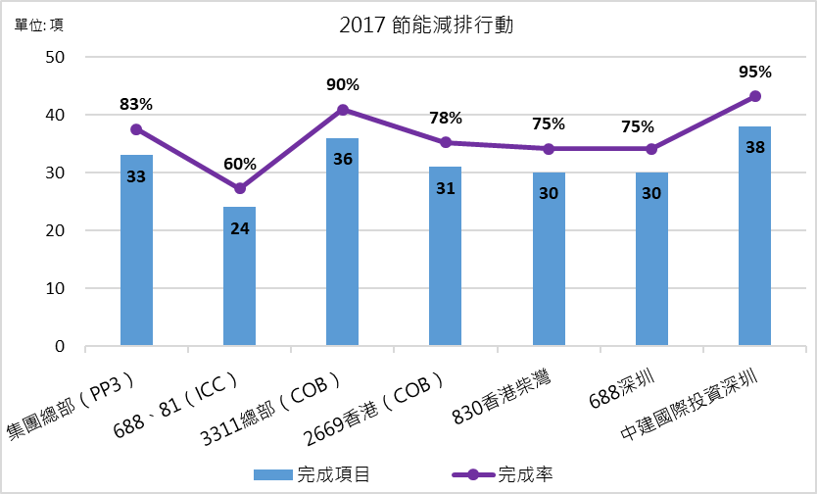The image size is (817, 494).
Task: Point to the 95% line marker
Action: coord(754,96)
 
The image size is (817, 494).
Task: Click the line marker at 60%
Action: coord(239,188)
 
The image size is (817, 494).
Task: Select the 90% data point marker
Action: coord(342,110)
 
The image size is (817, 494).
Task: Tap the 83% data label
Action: coord(136,103)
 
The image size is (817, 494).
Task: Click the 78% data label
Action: coord(446,118)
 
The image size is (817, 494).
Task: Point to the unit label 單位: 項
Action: coord(39,25)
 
